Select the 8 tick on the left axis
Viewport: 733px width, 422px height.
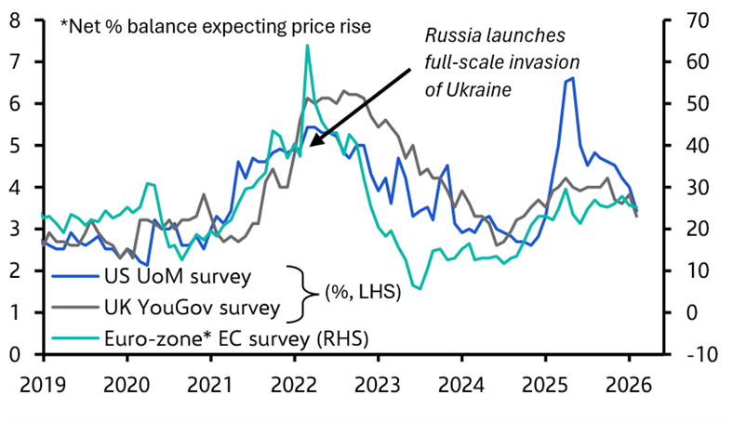pyautogui.click(x=16, y=20)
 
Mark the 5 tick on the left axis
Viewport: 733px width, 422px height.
pyautogui.click(x=16, y=146)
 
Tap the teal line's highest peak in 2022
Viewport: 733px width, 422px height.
pyautogui.click(x=307, y=46)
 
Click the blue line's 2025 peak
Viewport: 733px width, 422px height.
pyautogui.click(x=571, y=78)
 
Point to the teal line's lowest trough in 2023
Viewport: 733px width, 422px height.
pyautogui.click(x=420, y=289)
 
